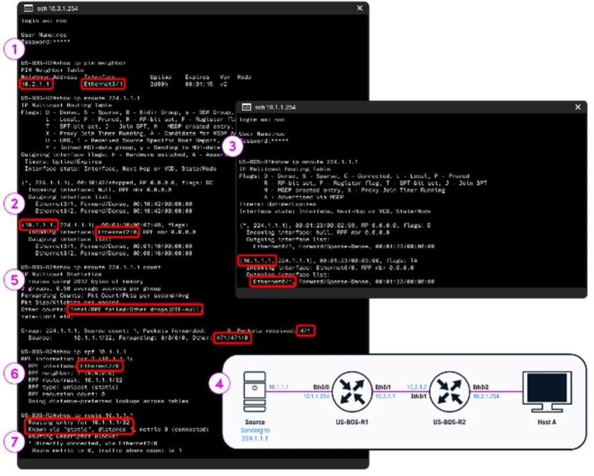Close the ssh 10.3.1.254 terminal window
click(360, 8)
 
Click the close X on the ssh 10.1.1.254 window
click(577, 107)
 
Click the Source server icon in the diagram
click(255, 392)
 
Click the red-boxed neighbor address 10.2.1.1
click(36, 84)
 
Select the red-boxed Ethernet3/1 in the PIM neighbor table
click(103, 84)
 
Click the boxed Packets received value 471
click(305, 330)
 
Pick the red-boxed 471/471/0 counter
click(232, 338)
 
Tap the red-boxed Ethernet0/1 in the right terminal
click(273, 282)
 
